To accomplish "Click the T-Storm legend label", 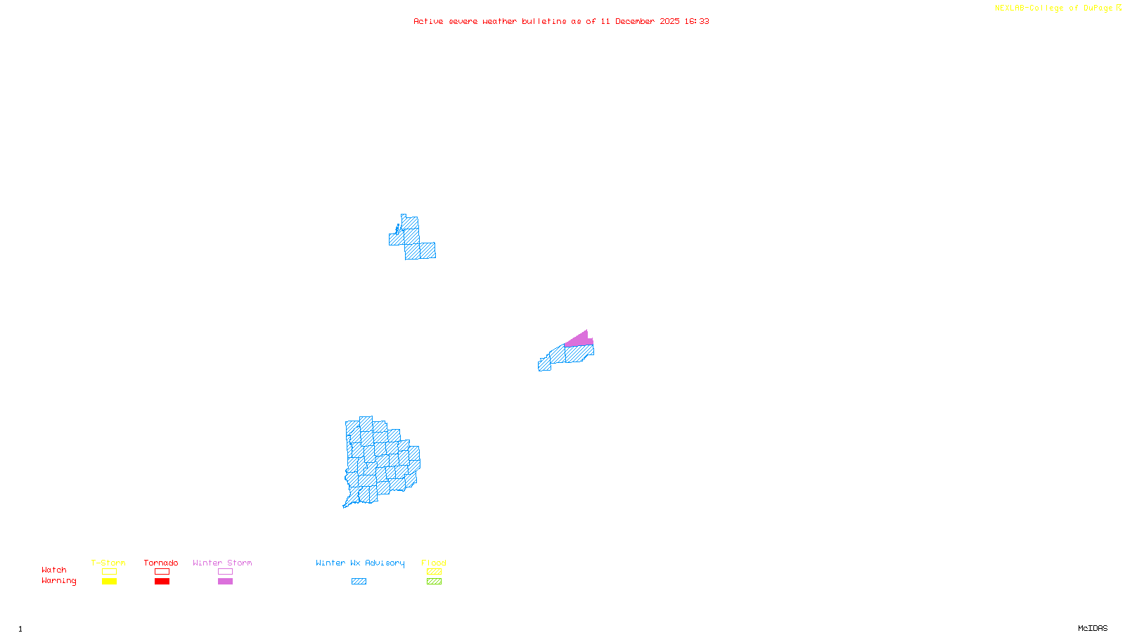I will coord(108,563).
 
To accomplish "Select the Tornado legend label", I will coord(161,563).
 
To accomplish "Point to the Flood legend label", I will coord(434,563).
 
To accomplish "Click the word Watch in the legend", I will coord(54,570).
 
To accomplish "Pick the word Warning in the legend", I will coord(59,581).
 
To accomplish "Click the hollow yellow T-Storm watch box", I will coord(109,572).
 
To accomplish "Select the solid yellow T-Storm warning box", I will coord(109,582).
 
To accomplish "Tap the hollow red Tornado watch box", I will coord(162,572).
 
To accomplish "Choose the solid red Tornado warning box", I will coord(162,582).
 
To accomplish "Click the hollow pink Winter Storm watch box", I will coord(225,572).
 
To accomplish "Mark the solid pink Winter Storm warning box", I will coord(225,582).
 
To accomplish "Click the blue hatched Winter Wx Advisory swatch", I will coord(359,582).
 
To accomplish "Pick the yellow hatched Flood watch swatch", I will coord(434,572).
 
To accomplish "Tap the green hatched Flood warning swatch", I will coord(434,582).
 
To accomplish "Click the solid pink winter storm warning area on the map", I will coord(579,340).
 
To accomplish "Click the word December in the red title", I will coord(635,21).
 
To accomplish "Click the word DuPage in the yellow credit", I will coord(1098,8).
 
